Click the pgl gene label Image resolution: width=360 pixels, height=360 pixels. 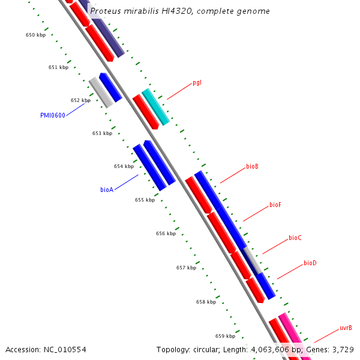tap(197, 82)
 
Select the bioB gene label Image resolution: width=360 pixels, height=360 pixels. tap(252, 166)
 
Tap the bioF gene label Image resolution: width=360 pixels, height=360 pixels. tap(275, 205)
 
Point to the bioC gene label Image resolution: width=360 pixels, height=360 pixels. tap(295, 238)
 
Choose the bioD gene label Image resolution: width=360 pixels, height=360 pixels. tap(310, 263)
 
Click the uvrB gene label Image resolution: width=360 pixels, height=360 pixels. tap(346, 328)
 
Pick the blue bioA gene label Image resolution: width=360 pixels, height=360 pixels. tap(107, 190)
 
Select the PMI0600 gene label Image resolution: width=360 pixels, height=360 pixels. tap(53, 115)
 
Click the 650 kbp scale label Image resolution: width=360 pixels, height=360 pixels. tap(35, 35)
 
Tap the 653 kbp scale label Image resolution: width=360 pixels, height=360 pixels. tap(102, 133)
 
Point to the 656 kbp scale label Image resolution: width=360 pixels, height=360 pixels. tap(166, 233)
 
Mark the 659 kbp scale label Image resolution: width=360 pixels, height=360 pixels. tap(225, 336)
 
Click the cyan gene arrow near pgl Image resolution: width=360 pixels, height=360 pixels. tap(155, 106)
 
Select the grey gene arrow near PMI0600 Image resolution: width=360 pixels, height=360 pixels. tap(101, 92)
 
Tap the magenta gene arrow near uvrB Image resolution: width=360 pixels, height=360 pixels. tap(295, 335)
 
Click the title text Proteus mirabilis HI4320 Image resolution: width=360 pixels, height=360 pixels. tap(137, 11)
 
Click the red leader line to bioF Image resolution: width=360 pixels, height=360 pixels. tap(255, 212)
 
